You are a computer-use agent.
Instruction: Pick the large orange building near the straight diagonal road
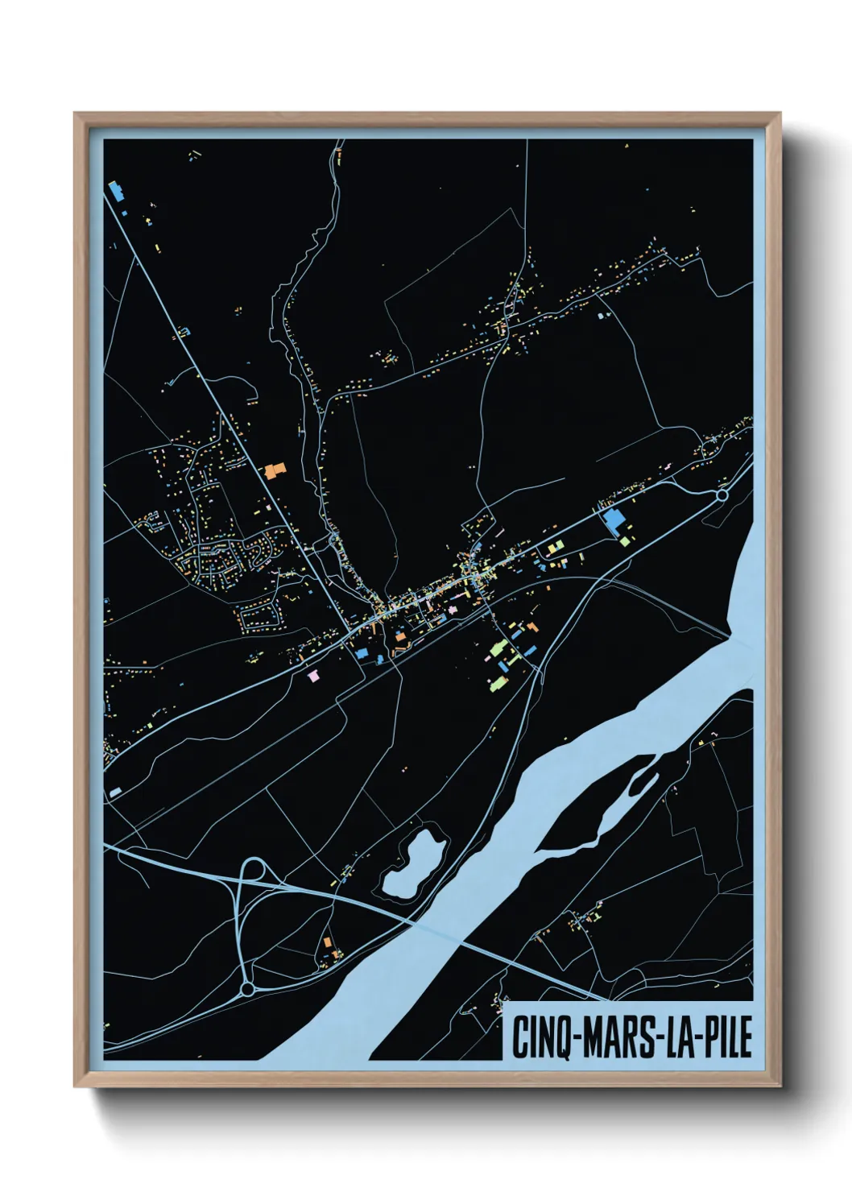coord(275,470)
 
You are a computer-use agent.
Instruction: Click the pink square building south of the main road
coord(313,677)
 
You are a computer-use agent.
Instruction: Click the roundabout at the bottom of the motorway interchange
coord(248,987)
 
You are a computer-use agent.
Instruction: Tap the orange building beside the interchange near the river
coord(328,942)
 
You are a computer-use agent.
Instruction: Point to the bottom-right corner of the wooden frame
coord(780,1086)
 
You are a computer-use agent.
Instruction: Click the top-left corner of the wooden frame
coord(75,114)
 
